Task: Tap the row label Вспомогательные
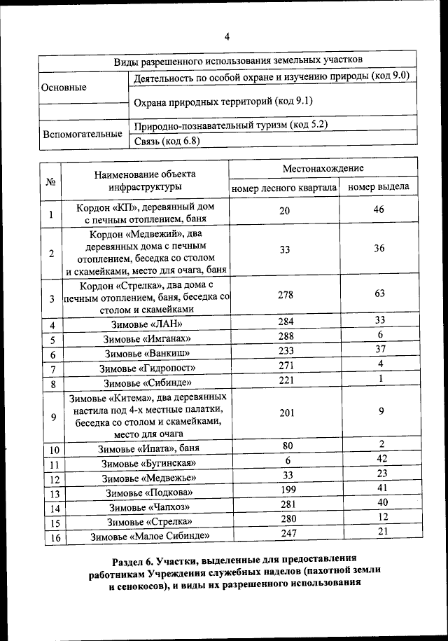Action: click(82, 134)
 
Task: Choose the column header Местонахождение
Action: click(323, 169)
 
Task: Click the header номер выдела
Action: click(379, 187)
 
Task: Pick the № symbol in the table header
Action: click(50, 181)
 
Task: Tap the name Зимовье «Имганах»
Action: click(146, 340)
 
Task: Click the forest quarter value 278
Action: click(285, 295)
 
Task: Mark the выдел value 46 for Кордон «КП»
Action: click(379, 209)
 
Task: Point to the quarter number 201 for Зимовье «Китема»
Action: click(287, 413)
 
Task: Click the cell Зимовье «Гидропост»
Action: click(147, 368)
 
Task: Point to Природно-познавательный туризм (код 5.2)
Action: click(230, 126)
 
